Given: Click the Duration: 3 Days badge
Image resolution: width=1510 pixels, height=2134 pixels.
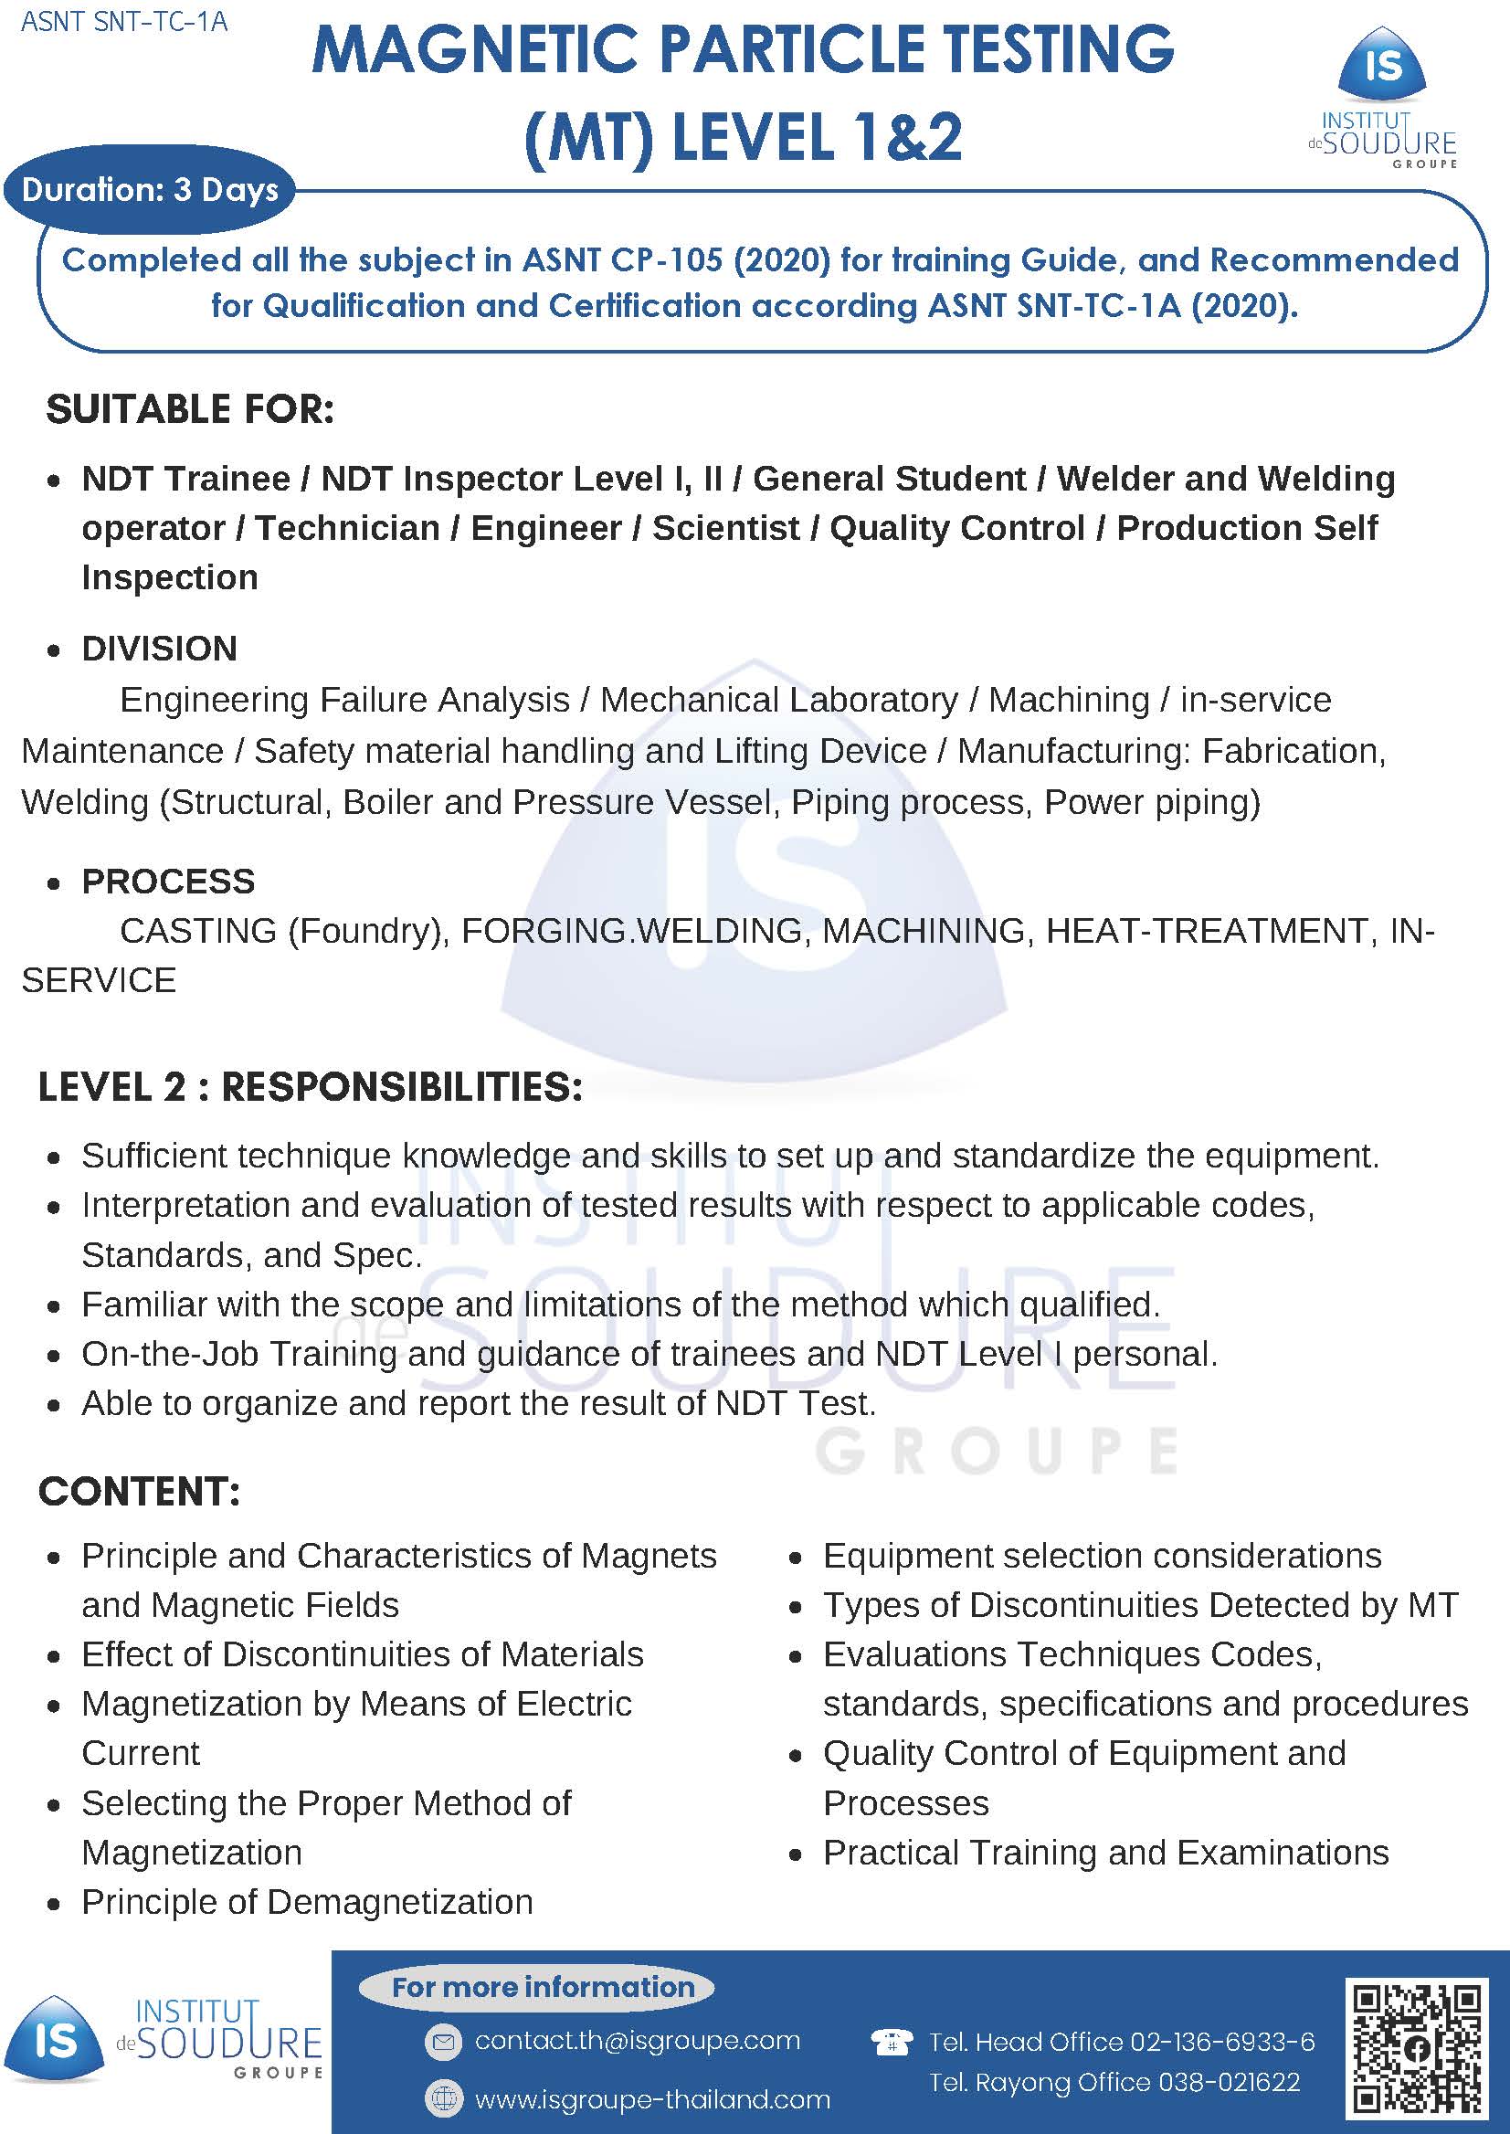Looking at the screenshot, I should pyautogui.click(x=150, y=190).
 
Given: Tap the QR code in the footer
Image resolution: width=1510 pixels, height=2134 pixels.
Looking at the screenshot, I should pyautogui.click(x=1417, y=2048).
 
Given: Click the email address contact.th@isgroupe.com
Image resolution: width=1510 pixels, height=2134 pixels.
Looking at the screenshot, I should pyautogui.click(x=637, y=2040).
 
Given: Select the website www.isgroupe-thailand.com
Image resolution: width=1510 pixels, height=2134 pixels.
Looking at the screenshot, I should pyautogui.click(x=652, y=2098).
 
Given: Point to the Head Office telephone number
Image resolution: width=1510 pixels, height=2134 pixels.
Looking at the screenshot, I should pyautogui.click(x=1122, y=2041).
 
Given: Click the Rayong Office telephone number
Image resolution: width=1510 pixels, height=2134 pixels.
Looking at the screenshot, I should pyautogui.click(x=1114, y=2082).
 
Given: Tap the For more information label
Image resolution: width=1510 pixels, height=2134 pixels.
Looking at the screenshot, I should pyautogui.click(x=543, y=1986).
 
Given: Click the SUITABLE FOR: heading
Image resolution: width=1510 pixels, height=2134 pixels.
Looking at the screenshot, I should pyautogui.click(x=190, y=409).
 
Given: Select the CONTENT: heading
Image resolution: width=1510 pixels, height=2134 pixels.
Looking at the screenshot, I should pyautogui.click(x=140, y=1491).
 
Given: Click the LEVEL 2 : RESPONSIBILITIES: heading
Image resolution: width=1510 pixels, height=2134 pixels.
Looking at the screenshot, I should pyautogui.click(x=311, y=1086).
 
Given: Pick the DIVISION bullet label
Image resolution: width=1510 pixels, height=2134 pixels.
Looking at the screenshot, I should pyautogui.click(x=160, y=648).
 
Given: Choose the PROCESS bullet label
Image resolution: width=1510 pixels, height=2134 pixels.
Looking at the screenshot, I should pyautogui.click(x=168, y=881).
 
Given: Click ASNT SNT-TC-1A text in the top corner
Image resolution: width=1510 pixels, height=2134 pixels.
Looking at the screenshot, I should pyautogui.click(x=123, y=21).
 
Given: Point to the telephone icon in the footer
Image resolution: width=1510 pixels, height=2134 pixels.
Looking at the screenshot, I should pyautogui.click(x=890, y=2042).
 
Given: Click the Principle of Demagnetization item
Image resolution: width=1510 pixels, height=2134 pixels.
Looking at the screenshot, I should pyautogui.click(x=307, y=1902).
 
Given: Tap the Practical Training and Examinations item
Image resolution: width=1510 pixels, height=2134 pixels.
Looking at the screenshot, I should pyautogui.click(x=1105, y=1853).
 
